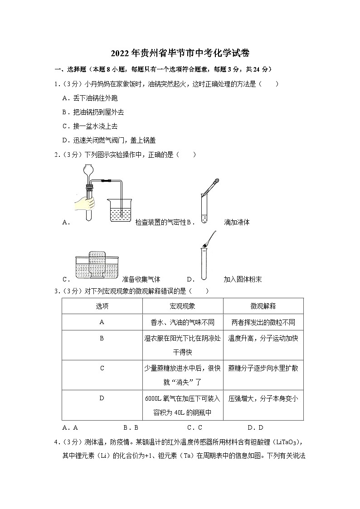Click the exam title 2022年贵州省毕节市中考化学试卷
[x=180, y=53]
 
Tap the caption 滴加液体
[x=237, y=222]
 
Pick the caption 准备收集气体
[x=141, y=279]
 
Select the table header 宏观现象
[x=182, y=306]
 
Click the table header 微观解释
[x=263, y=306]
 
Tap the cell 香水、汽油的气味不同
[x=182, y=322]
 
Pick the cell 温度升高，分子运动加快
[x=263, y=339]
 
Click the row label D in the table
[x=102, y=398]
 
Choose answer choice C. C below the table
[x=194, y=427]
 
